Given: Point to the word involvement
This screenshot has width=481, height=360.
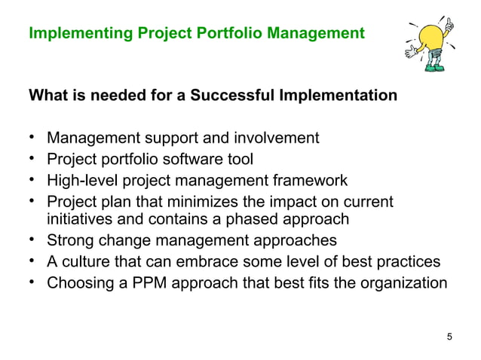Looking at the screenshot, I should tap(276, 138).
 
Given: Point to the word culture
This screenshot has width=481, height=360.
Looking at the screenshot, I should tap(87, 262).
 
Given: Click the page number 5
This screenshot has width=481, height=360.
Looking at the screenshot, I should tap(450, 336).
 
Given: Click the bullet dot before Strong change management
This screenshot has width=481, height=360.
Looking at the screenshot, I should tap(32, 241).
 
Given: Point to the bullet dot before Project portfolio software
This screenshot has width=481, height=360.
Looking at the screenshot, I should tap(32, 159).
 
